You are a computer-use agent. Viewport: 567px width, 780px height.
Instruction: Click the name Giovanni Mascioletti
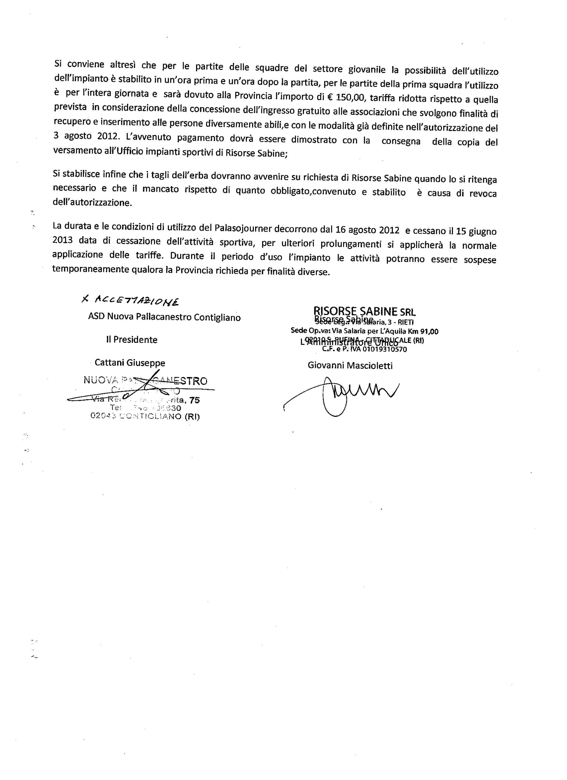click(x=350, y=366)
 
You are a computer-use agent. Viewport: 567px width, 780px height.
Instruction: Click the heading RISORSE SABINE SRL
click(x=364, y=311)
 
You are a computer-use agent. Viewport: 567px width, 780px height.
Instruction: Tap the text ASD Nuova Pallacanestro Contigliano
click(x=164, y=317)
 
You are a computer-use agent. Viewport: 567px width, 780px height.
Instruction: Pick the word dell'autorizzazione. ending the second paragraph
click(x=92, y=202)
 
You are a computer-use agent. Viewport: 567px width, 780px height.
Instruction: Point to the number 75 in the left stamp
click(x=194, y=400)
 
